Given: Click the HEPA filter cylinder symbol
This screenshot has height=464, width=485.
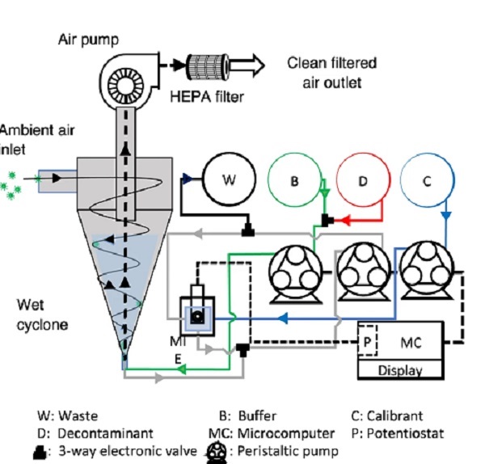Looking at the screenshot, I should point(211,64).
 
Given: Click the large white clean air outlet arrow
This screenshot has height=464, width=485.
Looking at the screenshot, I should point(258,64).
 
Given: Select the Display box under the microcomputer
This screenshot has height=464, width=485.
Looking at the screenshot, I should point(400,370).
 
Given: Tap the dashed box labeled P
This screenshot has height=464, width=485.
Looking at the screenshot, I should point(369,340).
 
